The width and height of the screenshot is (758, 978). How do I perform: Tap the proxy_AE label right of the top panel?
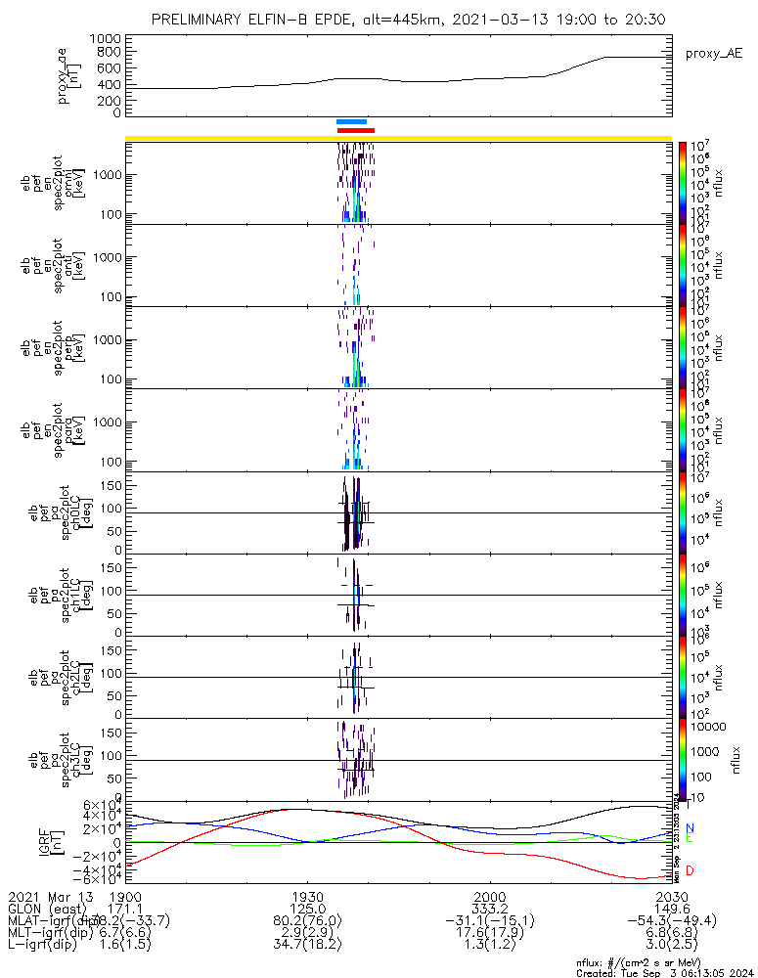[x=713, y=53]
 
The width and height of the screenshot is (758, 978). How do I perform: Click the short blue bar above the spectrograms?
[x=351, y=121]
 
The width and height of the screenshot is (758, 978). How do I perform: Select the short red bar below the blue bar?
[x=355, y=129]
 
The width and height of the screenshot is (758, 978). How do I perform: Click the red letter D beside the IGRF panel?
[x=690, y=870]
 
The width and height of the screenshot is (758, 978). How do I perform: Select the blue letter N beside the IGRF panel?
[x=690, y=828]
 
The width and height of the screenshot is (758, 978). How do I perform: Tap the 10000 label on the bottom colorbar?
[x=708, y=727]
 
